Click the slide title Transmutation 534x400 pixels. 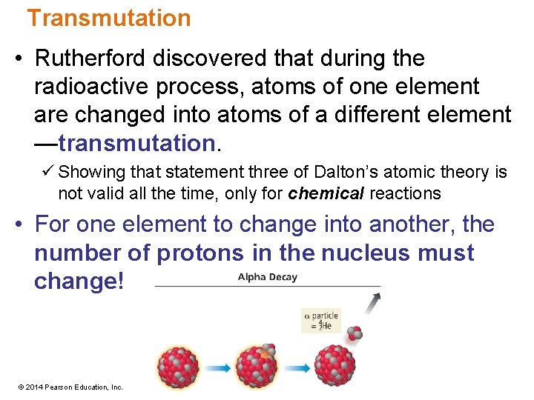(109, 18)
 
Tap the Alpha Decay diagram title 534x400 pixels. (267, 277)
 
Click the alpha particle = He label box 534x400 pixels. (321, 321)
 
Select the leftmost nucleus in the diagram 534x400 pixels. (178, 367)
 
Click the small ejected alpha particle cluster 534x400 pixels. (355, 333)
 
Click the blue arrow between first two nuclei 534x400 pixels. (217, 367)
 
